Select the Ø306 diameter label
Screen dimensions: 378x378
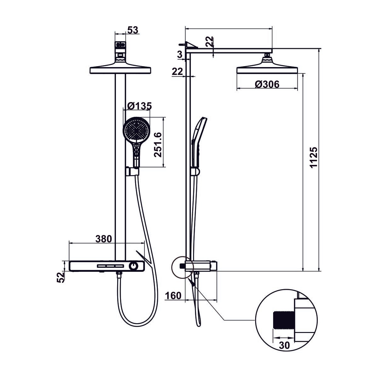(x=267, y=84)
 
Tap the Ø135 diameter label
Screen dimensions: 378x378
(x=140, y=106)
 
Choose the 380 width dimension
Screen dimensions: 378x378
(x=104, y=239)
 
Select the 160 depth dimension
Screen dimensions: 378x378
(x=174, y=295)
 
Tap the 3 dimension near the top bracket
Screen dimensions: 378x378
(x=180, y=55)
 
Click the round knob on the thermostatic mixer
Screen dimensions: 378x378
(x=134, y=266)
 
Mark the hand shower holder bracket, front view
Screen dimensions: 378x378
(x=132, y=171)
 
